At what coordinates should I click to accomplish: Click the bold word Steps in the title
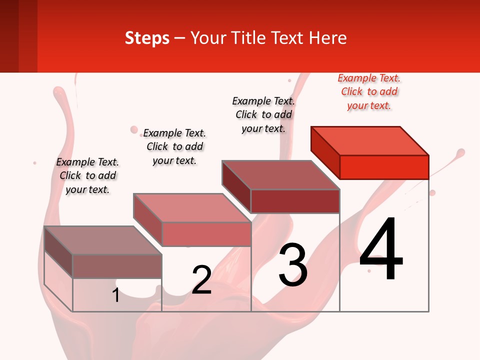pyautogui.click(x=147, y=38)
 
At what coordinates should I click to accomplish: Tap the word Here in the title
pyautogui.click(x=327, y=38)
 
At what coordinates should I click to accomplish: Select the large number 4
pyautogui.click(x=381, y=249)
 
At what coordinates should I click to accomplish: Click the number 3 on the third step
pyautogui.click(x=293, y=265)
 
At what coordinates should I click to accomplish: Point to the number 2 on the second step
pyautogui.click(x=201, y=279)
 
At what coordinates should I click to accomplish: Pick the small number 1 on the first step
pyautogui.click(x=116, y=295)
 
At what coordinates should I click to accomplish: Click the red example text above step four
pyautogui.click(x=369, y=92)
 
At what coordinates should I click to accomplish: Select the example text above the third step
pyautogui.click(x=263, y=114)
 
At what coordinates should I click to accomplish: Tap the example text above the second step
pyautogui.click(x=174, y=146)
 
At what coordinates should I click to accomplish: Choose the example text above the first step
pyautogui.click(x=87, y=175)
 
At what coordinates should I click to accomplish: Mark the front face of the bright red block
pyautogui.click(x=384, y=167)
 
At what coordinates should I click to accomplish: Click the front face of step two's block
pyautogui.click(x=206, y=234)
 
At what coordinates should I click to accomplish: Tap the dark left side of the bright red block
pyautogui.click(x=325, y=152)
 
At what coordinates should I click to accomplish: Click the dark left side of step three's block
pyautogui.click(x=236, y=186)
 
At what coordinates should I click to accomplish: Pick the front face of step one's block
pyautogui.click(x=117, y=266)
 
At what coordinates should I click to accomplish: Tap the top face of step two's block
pyautogui.click(x=192, y=207)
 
